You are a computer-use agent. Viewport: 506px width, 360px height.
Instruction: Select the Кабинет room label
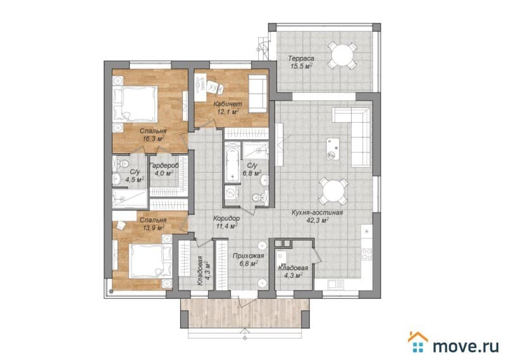coord(225,104)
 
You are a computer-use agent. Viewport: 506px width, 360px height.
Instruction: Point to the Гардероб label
coord(163,165)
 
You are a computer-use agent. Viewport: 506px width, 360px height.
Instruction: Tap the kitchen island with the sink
coord(330,147)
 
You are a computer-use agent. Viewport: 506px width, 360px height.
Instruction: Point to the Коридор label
coord(225,217)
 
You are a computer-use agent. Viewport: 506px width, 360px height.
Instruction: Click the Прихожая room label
coord(249,256)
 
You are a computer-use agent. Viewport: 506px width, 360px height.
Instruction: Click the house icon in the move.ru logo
coord(417,342)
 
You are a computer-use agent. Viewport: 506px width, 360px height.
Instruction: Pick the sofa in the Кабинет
coord(257,93)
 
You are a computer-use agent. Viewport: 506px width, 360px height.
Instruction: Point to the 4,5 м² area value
coord(134,179)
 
